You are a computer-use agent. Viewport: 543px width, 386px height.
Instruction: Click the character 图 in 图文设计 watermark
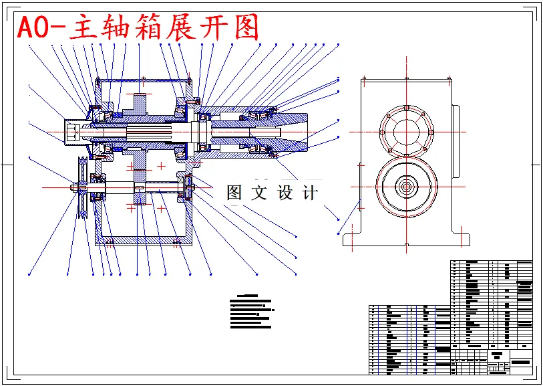(x=234, y=193)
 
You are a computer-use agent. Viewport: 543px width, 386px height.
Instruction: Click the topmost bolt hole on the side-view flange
(x=405, y=107)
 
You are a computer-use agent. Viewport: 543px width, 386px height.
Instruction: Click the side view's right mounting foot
(x=461, y=237)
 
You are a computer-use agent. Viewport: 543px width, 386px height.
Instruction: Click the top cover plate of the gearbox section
(x=144, y=81)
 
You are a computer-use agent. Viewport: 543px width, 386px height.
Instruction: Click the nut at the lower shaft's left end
(x=75, y=188)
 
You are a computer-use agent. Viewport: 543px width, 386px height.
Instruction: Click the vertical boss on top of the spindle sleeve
(x=140, y=104)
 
